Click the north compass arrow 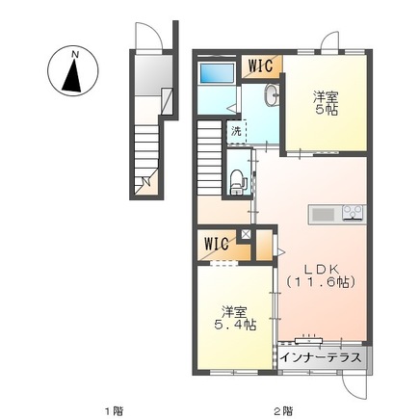coord(73,76)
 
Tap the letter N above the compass coord(75,55)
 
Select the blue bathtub coord(218,72)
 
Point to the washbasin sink coord(272,94)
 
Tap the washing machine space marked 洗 coord(237,132)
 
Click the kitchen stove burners coord(354,213)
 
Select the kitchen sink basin coord(324,214)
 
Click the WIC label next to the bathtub coord(261,65)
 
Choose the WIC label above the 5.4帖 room coord(217,244)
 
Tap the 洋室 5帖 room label coord(326,103)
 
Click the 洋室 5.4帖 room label coord(235,318)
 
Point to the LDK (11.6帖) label coord(321,275)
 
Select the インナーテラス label coord(321,357)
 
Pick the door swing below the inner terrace coord(354,387)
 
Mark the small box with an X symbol coord(246,234)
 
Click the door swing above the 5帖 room coord(330,40)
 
